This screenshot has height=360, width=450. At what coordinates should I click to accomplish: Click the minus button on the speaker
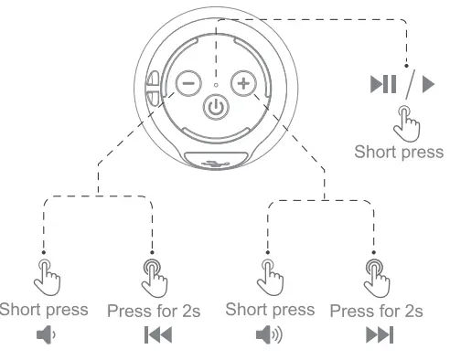(x=187, y=83)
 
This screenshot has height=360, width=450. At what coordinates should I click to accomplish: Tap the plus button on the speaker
(x=242, y=83)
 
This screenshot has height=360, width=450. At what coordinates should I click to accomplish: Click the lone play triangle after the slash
(x=428, y=86)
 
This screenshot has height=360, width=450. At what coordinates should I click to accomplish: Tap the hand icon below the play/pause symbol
(x=402, y=122)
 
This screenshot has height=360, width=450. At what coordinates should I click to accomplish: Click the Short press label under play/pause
(x=399, y=152)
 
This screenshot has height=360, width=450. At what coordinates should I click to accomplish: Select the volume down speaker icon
(x=45, y=335)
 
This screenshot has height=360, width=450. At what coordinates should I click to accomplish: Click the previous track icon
(x=156, y=335)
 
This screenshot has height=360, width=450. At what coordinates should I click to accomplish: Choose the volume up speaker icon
(x=268, y=335)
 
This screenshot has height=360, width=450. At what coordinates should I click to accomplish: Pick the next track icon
(x=378, y=335)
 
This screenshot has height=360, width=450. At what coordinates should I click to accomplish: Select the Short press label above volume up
(x=269, y=309)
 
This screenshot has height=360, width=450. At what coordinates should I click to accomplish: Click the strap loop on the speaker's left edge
(x=151, y=89)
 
